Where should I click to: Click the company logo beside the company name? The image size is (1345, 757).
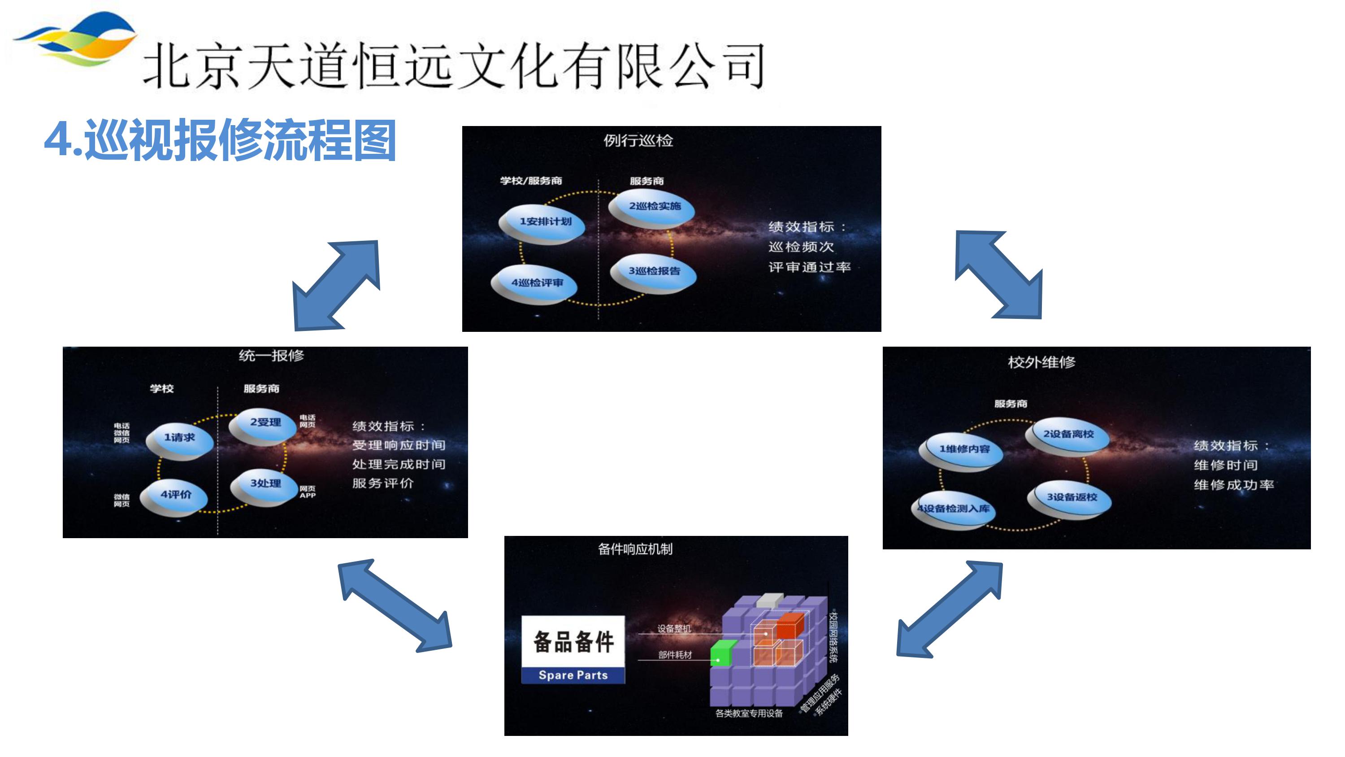(x=76, y=39)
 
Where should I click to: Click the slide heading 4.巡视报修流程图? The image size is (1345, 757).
(x=220, y=140)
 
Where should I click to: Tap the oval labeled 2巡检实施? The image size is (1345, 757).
(x=653, y=207)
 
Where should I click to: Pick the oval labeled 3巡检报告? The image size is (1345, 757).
(x=653, y=272)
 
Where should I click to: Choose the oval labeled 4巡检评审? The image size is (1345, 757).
(x=536, y=284)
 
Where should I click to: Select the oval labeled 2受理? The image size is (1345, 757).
(x=264, y=424)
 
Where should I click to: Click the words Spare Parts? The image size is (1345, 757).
(x=573, y=675)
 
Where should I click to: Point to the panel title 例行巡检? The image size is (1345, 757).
(x=638, y=140)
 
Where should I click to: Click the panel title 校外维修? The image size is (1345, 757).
(x=1041, y=362)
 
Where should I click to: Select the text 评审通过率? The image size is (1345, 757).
(x=809, y=267)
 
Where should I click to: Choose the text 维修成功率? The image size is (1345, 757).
(x=1233, y=485)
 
